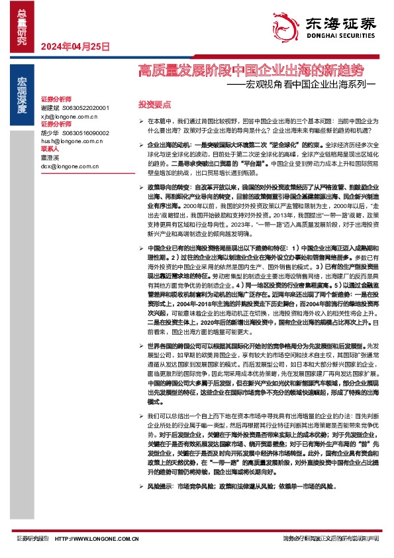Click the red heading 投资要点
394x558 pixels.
pyautogui.click(x=154, y=105)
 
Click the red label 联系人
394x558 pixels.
pyautogui.click(x=50, y=150)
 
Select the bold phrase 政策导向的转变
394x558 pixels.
pyautogui.click(x=168, y=187)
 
